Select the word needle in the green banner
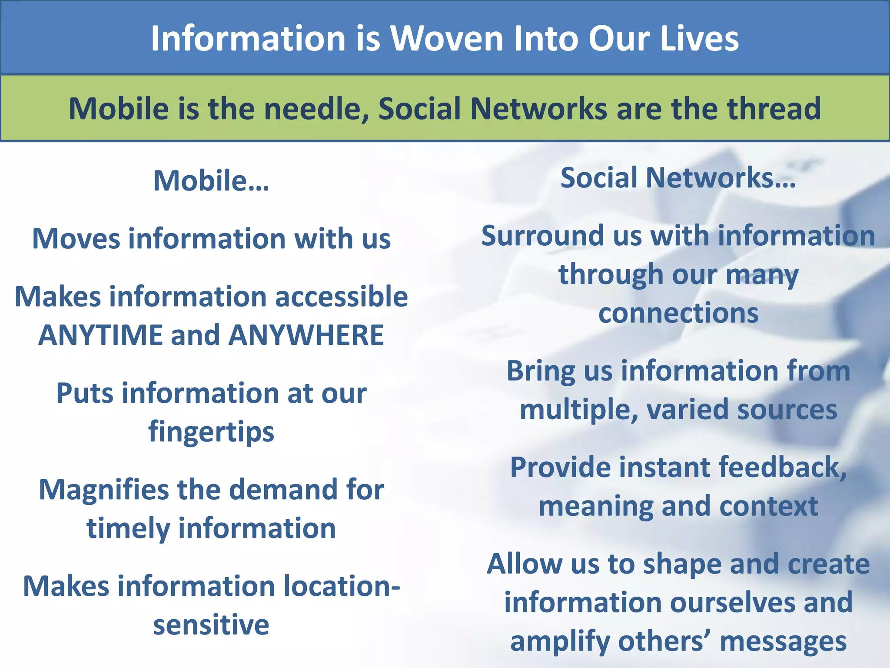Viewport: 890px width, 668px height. (x=316, y=109)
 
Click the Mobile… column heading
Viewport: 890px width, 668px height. (x=211, y=180)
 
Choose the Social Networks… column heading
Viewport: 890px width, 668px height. (x=678, y=178)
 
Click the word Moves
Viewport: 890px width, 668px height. (x=76, y=239)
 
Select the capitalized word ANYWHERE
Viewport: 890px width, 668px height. (x=306, y=335)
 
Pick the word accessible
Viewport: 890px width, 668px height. (x=341, y=297)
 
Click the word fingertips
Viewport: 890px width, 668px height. (x=211, y=432)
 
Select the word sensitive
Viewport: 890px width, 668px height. (x=211, y=625)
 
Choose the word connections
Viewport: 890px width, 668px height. (x=678, y=313)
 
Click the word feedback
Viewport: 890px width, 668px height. (x=782, y=468)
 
